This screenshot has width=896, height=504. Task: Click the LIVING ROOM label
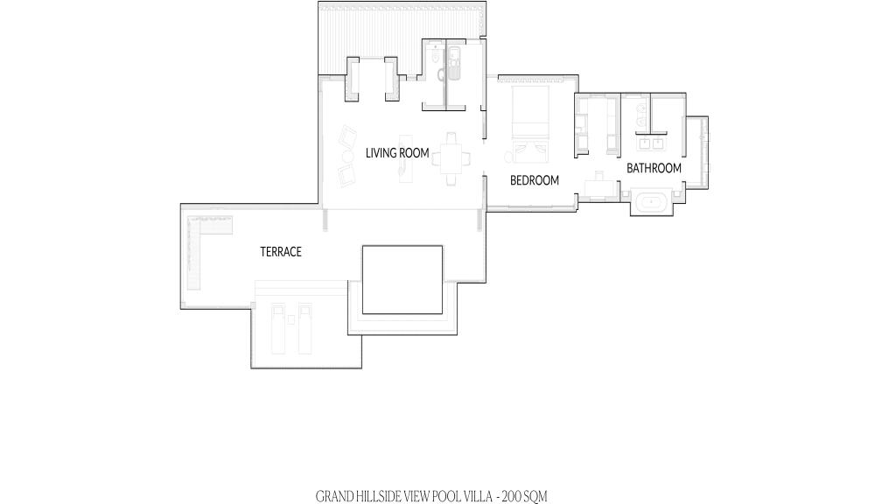(397, 153)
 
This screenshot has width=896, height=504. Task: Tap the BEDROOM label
(535, 180)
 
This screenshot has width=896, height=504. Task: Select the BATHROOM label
(654, 168)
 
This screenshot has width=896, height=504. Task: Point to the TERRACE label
(281, 252)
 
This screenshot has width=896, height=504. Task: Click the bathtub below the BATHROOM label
(651, 203)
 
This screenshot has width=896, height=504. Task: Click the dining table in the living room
(452, 158)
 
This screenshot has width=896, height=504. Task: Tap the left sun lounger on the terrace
(278, 329)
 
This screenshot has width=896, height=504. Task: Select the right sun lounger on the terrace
(304, 329)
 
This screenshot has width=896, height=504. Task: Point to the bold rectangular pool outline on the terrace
(402, 246)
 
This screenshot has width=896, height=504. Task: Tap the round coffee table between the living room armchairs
(347, 156)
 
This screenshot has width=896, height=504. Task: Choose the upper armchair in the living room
(346, 137)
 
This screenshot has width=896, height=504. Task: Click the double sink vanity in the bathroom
(652, 143)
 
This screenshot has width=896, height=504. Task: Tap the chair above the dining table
(452, 138)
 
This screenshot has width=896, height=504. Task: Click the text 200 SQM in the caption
(524, 497)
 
